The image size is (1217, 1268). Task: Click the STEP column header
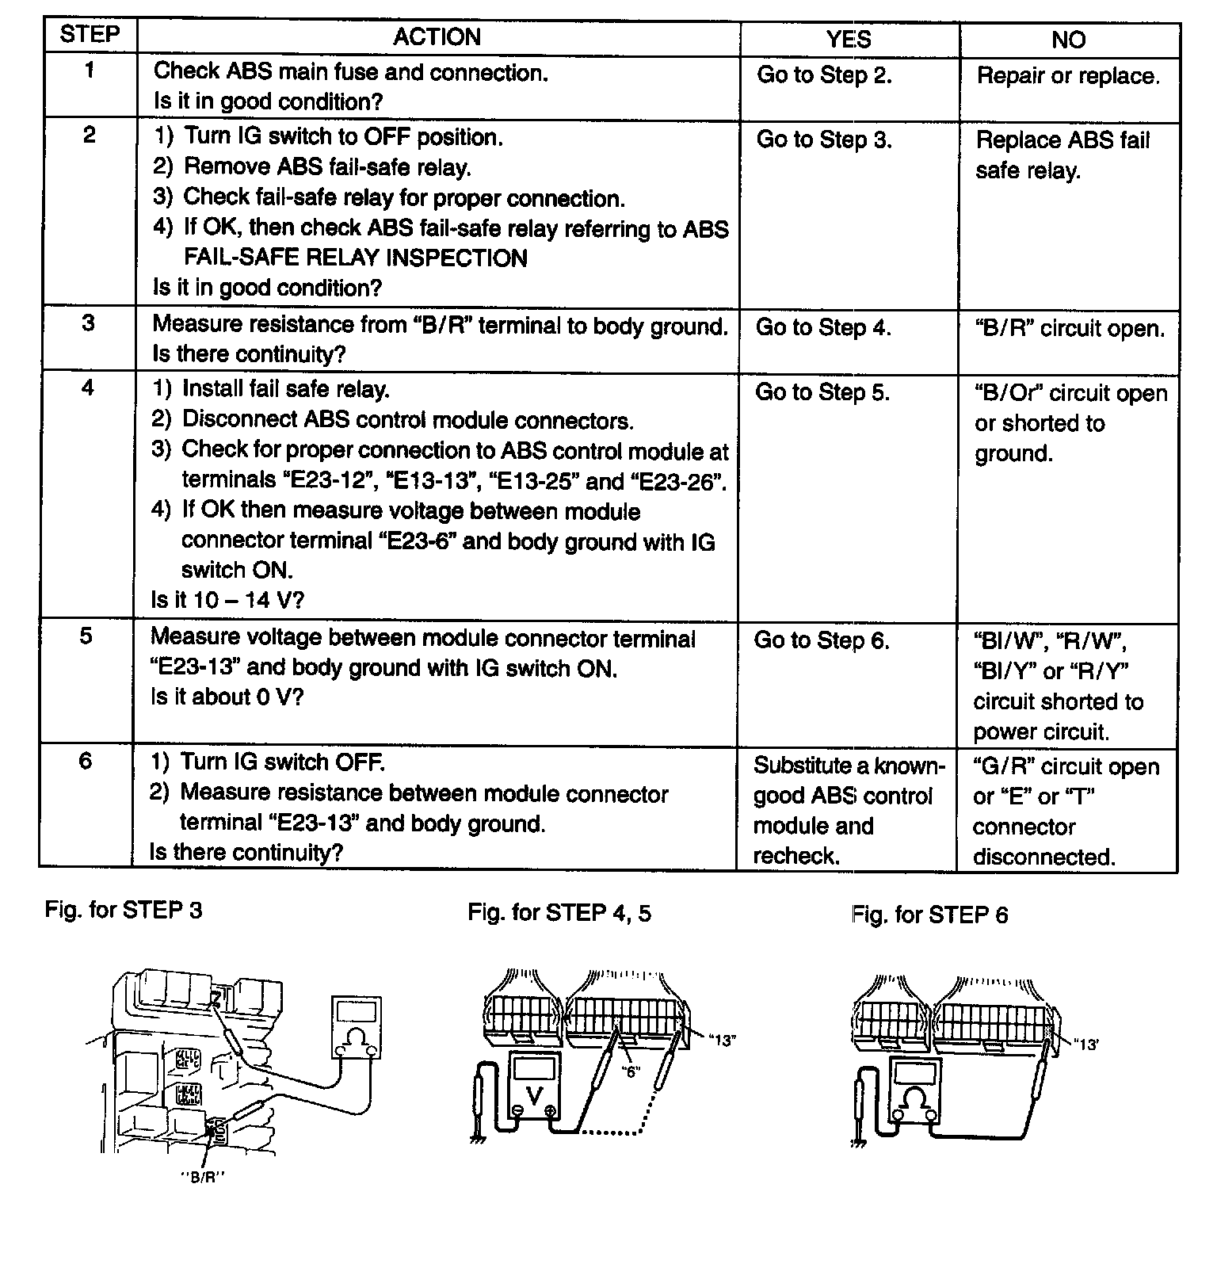pos(90,35)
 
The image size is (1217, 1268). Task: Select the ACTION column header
pos(437,37)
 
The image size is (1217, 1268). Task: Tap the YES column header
pos(849,39)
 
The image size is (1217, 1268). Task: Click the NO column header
pos(1068,40)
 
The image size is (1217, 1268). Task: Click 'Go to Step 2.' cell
pos(824,75)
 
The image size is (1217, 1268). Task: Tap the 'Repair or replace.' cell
pos(1067,76)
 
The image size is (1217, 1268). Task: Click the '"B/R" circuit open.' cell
pos(1070,328)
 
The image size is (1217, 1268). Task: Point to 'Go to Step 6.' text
pos(822,640)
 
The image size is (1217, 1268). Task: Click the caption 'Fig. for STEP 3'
pos(124,910)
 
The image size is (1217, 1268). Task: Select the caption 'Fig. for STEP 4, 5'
pos(559,913)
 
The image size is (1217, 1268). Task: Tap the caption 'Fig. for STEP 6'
pos(929,915)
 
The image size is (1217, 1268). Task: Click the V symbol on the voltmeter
pos(535,1096)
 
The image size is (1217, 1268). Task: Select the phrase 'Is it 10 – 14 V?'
pos(227,600)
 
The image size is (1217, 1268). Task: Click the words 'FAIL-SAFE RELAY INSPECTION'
pos(356,258)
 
